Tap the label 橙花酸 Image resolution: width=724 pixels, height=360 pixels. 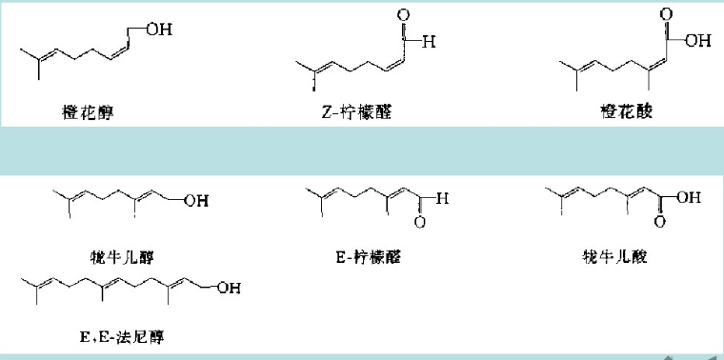(620, 112)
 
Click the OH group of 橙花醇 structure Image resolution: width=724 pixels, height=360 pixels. (159, 30)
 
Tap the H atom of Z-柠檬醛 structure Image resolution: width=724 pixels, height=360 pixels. (431, 42)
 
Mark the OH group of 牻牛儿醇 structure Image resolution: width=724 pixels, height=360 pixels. (198, 200)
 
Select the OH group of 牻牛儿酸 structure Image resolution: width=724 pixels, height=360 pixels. (689, 198)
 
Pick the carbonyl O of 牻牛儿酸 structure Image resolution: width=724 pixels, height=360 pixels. (660, 224)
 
